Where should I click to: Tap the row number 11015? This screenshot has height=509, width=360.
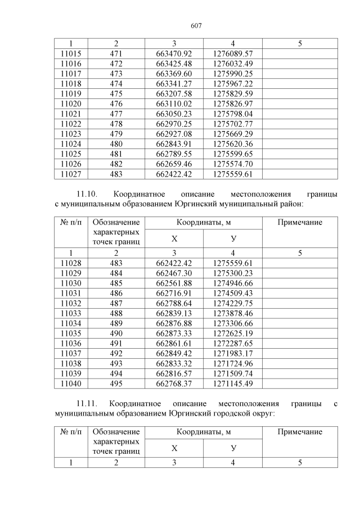(x=71, y=53)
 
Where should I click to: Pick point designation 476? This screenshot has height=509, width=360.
(x=116, y=103)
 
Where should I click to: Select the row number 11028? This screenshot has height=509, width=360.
(x=71, y=263)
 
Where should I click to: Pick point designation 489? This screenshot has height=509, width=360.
(x=116, y=323)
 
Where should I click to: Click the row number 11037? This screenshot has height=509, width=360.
(x=71, y=353)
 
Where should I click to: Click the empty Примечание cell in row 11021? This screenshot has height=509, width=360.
(x=300, y=114)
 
